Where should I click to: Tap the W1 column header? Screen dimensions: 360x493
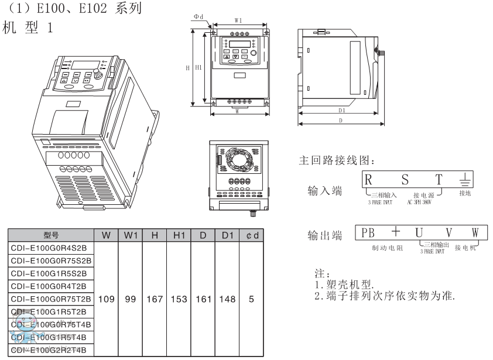[x=131, y=235]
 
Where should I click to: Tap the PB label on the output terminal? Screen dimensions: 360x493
[x=368, y=232]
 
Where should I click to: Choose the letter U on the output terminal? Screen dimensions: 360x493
[x=419, y=232]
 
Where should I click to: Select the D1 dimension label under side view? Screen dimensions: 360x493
[x=341, y=109]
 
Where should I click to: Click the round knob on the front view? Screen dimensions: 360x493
[x=254, y=53]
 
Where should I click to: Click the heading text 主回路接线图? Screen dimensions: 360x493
[x=336, y=160]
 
